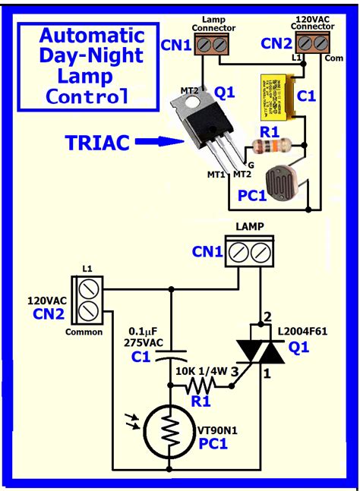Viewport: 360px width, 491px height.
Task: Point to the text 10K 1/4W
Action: (202, 370)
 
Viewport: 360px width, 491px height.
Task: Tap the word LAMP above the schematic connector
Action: (250, 227)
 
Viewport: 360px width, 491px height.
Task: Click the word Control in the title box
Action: (87, 96)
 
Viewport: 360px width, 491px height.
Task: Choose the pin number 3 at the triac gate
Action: (235, 370)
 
